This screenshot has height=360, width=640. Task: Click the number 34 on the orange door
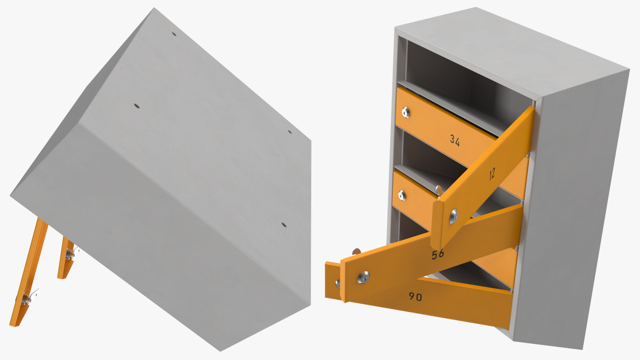455,140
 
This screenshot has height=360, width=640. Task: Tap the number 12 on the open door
492,174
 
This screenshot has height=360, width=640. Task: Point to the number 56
438,255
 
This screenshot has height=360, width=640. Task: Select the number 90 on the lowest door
415,296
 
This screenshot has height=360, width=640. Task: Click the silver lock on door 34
406,112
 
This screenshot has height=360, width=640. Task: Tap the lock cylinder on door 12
453,216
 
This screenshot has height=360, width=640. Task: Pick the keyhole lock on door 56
363,277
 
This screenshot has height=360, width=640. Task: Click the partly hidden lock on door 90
338,284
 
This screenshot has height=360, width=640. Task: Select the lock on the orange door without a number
402,195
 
